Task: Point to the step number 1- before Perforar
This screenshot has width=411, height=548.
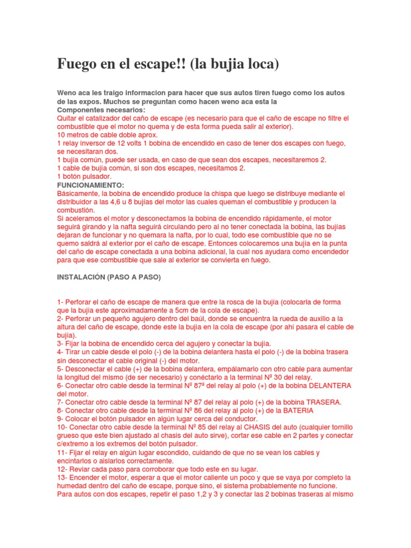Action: pos(60,302)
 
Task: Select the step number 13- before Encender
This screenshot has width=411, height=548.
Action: pos(62,477)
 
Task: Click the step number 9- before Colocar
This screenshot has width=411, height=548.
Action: pos(60,418)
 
